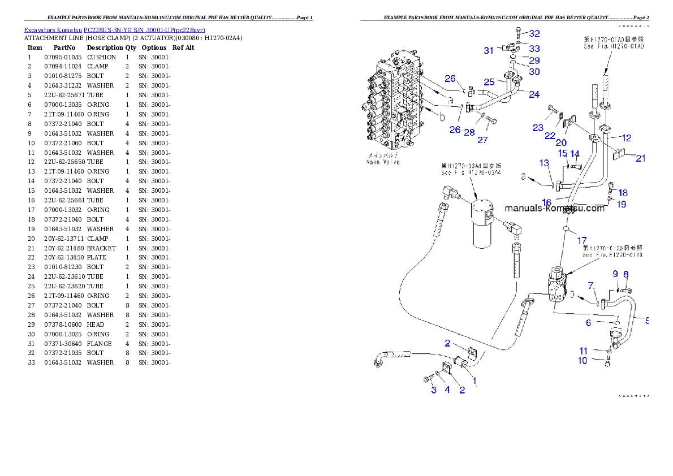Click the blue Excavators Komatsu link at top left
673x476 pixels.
[114, 29]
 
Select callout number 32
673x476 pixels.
[534, 34]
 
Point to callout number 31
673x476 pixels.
[488, 50]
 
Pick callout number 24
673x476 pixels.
[533, 94]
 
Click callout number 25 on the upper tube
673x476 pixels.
[489, 82]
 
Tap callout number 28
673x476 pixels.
[469, 132]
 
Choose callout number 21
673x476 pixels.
[640, 159]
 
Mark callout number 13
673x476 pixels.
[543, 163]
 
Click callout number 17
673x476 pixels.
[581, 240]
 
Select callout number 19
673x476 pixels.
[621, 205]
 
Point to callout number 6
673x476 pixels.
[588, 323]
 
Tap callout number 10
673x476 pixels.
[583, 361]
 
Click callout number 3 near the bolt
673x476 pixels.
[434, 390]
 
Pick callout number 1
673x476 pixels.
[474, 380]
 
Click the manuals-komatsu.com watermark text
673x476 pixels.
[554, 208]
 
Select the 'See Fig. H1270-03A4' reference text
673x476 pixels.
[471, 172]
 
